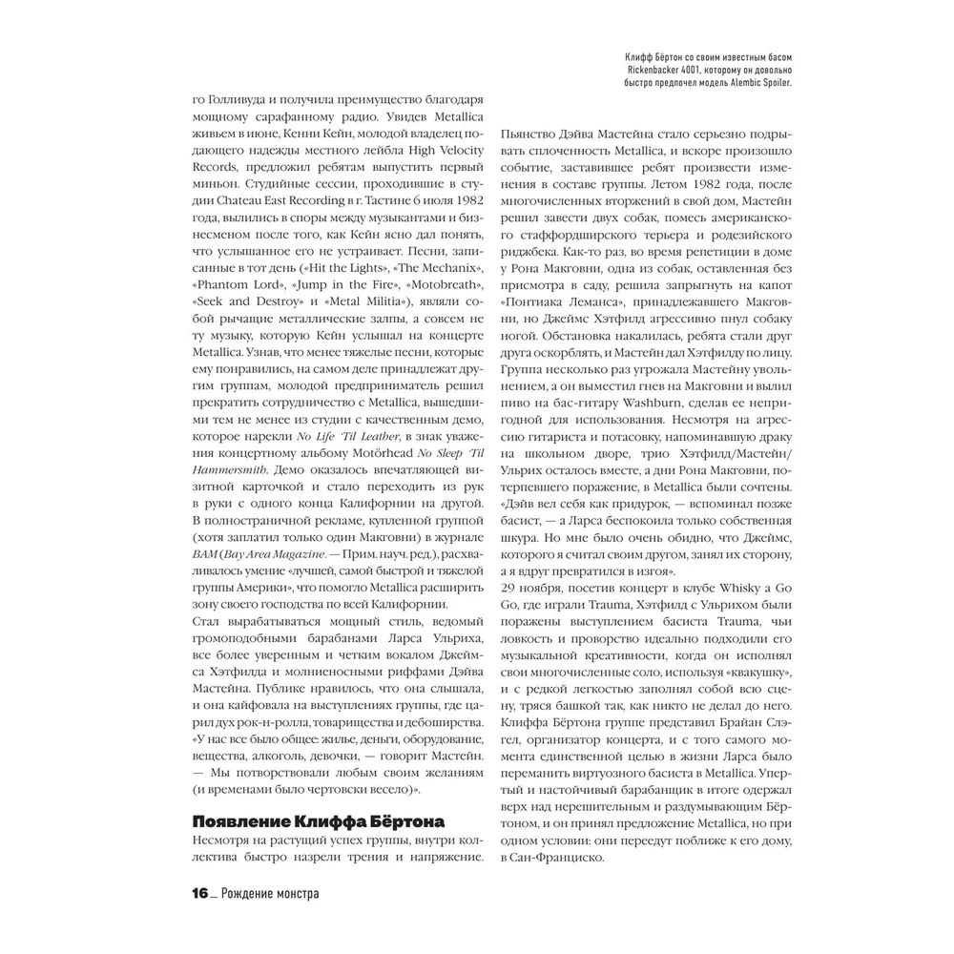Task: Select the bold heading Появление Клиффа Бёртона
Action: pos(318,822)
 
